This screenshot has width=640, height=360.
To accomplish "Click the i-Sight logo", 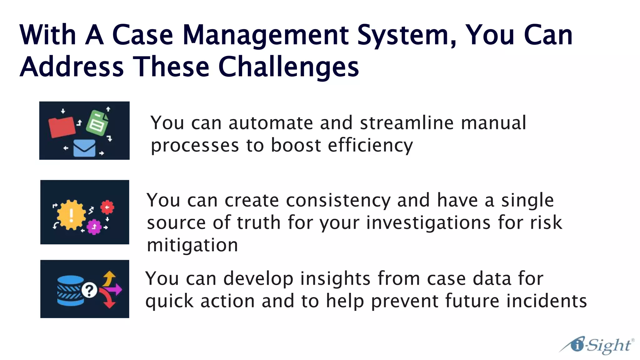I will (597, 345).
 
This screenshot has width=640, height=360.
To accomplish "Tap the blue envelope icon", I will (84, 148).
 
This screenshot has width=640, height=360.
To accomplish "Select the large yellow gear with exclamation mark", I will (71, 215).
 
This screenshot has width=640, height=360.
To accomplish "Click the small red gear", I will (107, 207).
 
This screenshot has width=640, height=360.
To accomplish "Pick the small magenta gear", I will (94, 227).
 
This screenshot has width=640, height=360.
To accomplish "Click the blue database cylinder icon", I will (70, 290).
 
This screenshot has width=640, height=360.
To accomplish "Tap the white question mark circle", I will (89, 290).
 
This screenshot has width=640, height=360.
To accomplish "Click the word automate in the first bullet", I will (271, 123).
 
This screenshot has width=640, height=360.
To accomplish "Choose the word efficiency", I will (370, 146).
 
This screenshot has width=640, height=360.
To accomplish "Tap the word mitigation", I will (192, 245).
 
